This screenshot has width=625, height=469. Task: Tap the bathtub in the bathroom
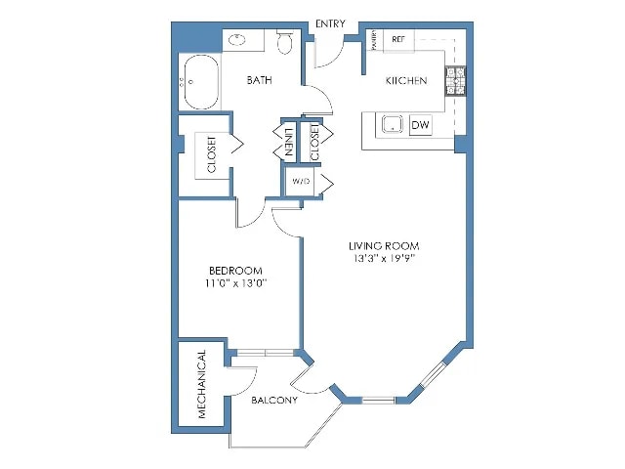(200, 85)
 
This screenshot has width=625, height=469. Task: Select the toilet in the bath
(285, 41)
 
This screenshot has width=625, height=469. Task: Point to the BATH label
(259, 81)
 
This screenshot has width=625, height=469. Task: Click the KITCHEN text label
(404, 81)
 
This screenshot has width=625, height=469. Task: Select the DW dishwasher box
(421, 126)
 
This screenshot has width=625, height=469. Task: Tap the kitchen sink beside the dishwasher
(392, 126)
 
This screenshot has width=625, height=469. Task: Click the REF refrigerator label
(397, 39)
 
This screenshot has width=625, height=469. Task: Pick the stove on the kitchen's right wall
(456, 79)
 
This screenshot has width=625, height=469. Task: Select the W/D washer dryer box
(299, 182)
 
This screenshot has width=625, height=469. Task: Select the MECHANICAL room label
(202, 384)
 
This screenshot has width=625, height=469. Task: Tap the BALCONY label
(274, 401)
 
